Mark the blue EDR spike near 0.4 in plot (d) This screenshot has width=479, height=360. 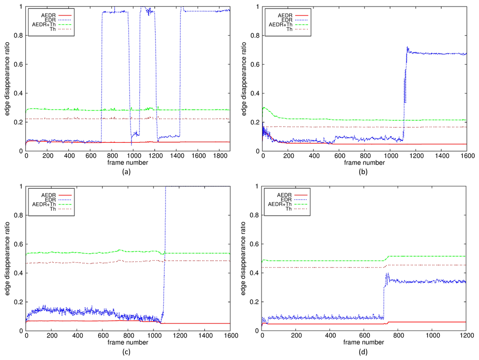tap(387, 274)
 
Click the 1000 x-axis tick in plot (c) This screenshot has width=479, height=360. tap(153, 336)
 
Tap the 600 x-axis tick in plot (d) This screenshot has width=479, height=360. tap(364, 336)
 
